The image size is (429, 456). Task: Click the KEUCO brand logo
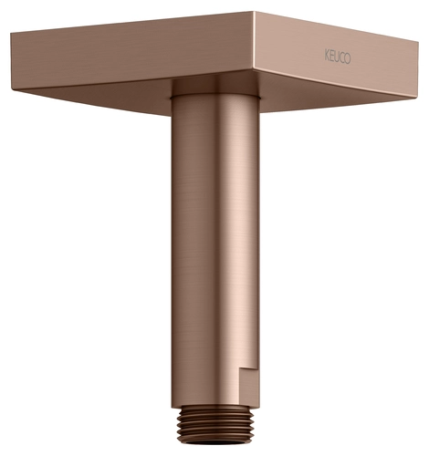click(338, 57)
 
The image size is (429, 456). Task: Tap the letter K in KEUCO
click(327, 56)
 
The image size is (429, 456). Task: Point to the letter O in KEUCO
click(348, 59)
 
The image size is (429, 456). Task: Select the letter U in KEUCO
click(337, 57)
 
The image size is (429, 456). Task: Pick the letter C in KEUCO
click(342, 58)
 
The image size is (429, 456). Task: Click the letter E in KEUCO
click(331, 57)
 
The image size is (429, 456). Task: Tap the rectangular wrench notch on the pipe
click(249, 387)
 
